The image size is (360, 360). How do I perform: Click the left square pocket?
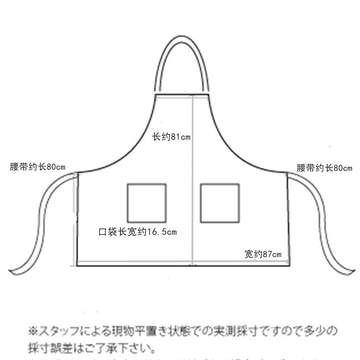(146, 203)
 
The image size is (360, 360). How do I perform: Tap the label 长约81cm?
(171, 137)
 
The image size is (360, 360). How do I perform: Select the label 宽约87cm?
(263, 254)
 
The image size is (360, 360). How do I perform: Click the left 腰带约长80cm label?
(37, 167)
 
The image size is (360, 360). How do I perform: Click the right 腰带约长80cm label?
(324, 168)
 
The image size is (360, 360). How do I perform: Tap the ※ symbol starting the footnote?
(33, 332)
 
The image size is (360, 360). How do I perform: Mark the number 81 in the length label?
(175, 137)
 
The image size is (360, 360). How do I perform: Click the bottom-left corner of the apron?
(78, 265)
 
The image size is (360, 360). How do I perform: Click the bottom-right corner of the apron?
(289, 264)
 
